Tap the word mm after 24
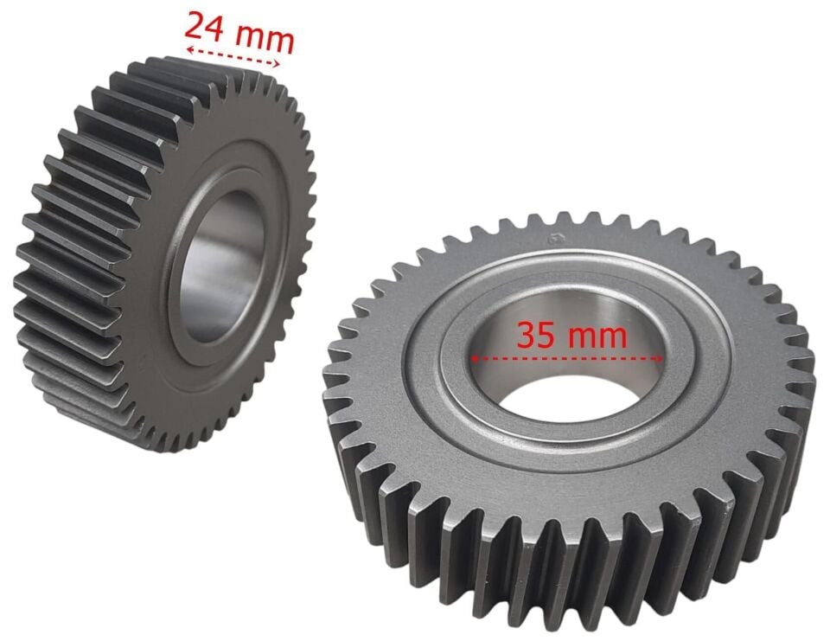pyautogui.click(x=265, y=39)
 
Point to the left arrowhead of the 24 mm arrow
pyautogui.click(x=189, y=50)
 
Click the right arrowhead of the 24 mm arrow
pyautogui.click(x=277, y=64)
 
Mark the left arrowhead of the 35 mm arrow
pyautogui.click(x=475, y=359)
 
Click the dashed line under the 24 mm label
pyautogui.click(x=233, y=57)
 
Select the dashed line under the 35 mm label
pyautogui.click(x=566, y=359)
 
